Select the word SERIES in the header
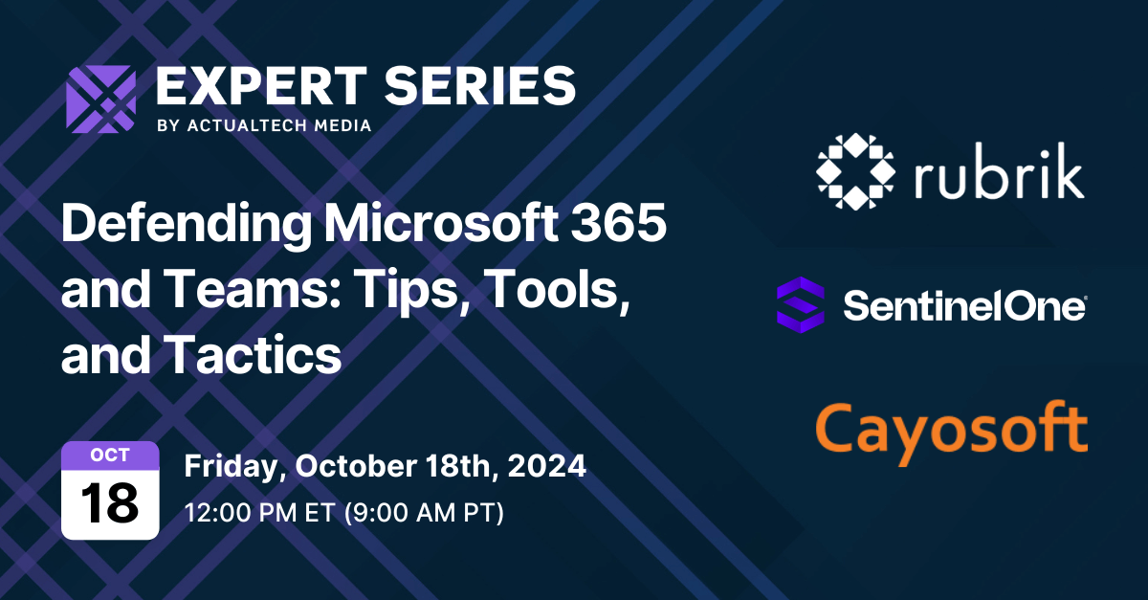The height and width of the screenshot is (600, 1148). coord(475,87)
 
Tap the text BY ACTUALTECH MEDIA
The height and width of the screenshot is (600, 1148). coord(263,125)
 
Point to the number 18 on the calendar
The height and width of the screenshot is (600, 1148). coord(110,501)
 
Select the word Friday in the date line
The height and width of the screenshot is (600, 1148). coord(232,467)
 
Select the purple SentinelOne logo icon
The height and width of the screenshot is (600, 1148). coord(800,304)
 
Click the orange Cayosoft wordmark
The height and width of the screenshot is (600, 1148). coord(952,429)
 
